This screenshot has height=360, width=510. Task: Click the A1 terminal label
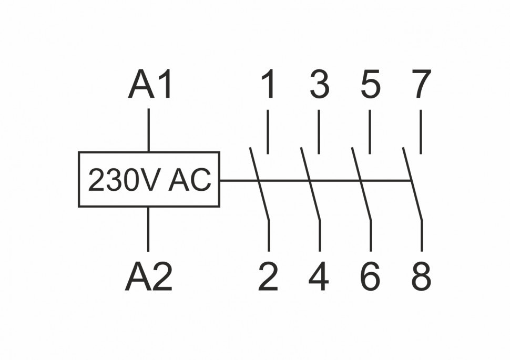[x=150, y=86]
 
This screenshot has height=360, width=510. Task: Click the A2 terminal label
[x=149, y=277]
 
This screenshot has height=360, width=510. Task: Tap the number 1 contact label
[x=268, y=85]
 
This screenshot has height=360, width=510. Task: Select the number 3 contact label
[x=319, y=85]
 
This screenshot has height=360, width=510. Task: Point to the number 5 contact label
[x=370, y=85]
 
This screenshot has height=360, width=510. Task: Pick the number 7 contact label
[x=421, y=85]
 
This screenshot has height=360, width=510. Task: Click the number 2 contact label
[x=268, y=277]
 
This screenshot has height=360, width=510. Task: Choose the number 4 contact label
[x=319, y=277]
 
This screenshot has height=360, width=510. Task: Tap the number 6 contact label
[x=370, y=277]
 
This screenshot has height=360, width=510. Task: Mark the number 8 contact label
[x=421, y=277]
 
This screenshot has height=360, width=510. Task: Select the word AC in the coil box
[x=190, y=180]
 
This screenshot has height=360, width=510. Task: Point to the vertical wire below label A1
[x=149, y=130]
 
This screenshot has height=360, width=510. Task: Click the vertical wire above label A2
[x=149, y=229]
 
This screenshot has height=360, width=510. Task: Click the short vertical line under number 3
[x=319, y=131]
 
